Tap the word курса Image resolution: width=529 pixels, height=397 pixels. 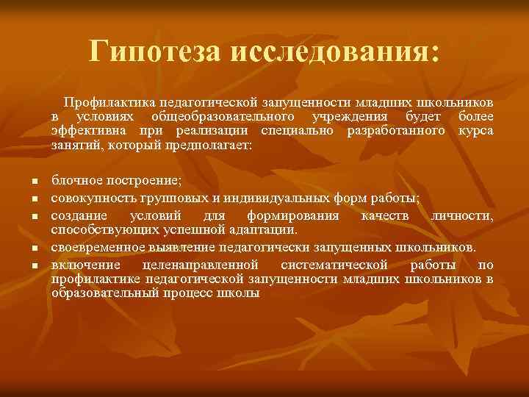pos(475,130)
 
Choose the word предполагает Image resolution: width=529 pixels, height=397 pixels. pos(209,145)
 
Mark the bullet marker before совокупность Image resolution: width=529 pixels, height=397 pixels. pos(34,199)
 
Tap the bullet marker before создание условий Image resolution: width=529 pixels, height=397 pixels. pos(34,217)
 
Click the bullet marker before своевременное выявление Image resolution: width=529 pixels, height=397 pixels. pos(34,248)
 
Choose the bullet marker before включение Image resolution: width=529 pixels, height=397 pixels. pos(34,265)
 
